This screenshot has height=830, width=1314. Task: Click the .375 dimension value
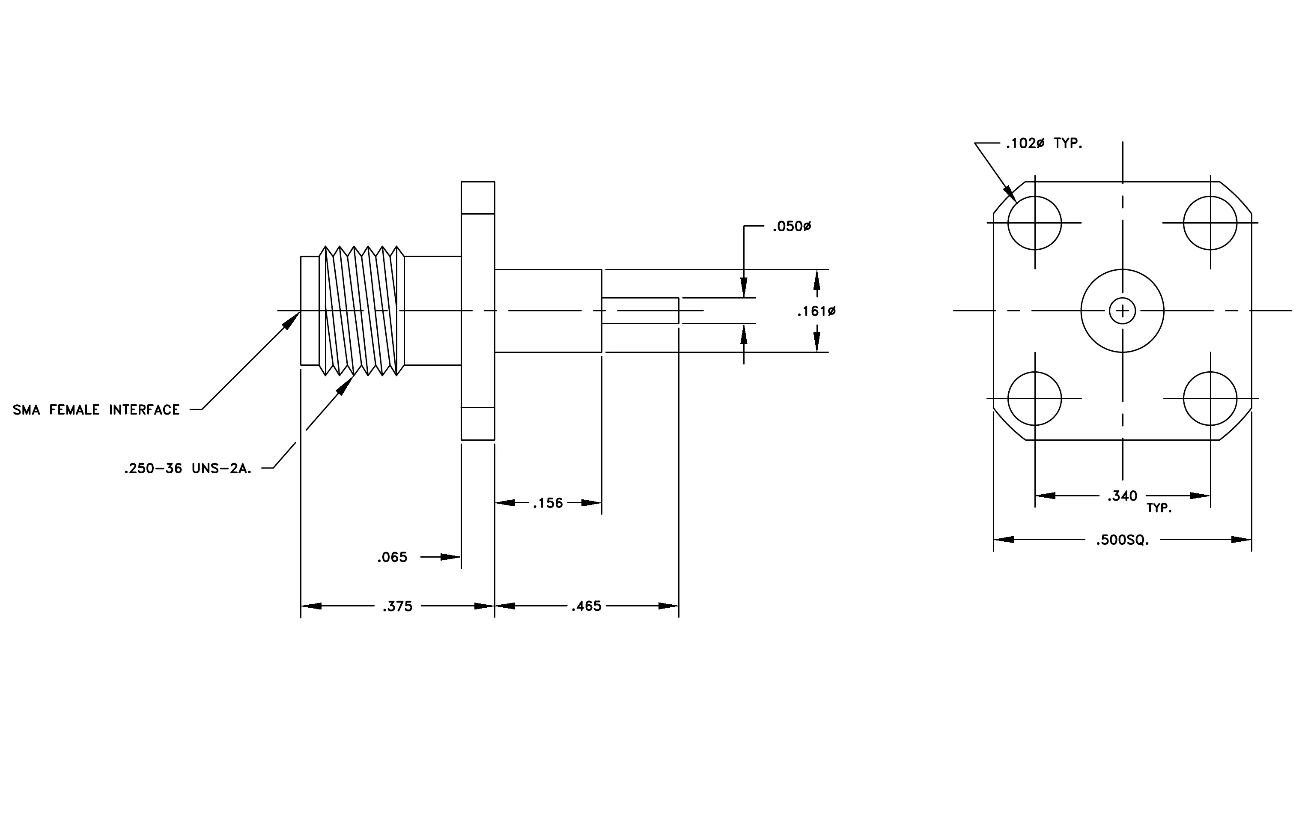pyautogui.click(x=397, y=606)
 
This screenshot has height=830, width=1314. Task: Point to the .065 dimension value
pyautogui.click(x=392, y=557)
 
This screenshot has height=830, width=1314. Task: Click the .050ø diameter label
pyautogui.click(x=791, y=226)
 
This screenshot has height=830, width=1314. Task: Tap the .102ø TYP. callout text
pyautogui.click(x=1044, y=143)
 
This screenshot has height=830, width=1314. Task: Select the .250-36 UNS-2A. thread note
pyautogui.click(x=188, y=468)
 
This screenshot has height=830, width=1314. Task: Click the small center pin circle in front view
pyautogui.click(x=1123, y=299)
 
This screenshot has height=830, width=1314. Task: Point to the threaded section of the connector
pyautogui.click(x=362, y=311)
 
